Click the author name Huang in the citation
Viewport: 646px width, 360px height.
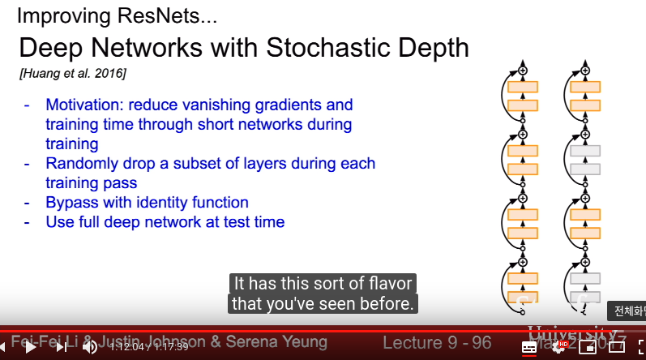click(x=41, y=74)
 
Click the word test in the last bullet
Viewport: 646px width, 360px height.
click(x=235, y=221)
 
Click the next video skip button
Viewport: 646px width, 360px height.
click(x=62, y=347)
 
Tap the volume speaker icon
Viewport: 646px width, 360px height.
click(x=89, y=347)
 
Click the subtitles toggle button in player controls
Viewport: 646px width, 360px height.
click(x=528, y=347)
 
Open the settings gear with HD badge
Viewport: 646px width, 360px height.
click(x=558, y=347)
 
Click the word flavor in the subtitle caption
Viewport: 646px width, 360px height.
click(x=384, y=284)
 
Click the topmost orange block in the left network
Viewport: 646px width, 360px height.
click(x=523, y=87)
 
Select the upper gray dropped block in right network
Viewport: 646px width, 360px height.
click(x=584, y=151)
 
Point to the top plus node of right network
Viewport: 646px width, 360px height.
click(x=584, y=71)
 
